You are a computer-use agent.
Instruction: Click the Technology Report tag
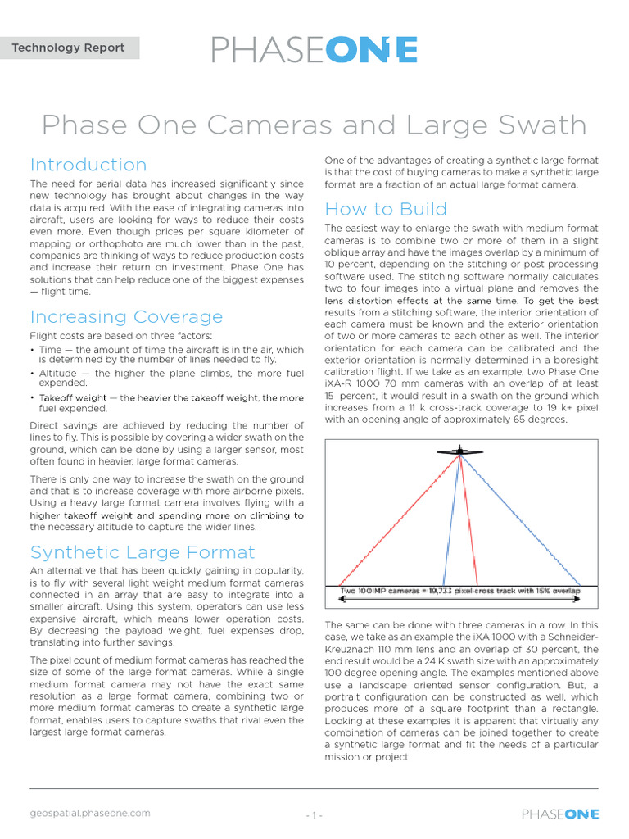[69, 48]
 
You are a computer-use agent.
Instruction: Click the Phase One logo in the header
[314, 49]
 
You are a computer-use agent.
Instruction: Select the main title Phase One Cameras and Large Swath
[314, 125]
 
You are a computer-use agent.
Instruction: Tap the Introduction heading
[88, 165]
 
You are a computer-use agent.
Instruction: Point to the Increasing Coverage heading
[126, 316]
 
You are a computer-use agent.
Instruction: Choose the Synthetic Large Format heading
[142, 551]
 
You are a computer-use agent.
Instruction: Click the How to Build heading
[386, 208]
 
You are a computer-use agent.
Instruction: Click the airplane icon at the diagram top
[460, 451]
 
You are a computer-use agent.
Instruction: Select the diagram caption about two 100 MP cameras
[459, 590]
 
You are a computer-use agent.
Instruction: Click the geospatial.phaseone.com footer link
[90, 813]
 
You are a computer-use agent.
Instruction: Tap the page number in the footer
[314, 815]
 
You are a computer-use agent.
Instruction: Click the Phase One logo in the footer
[560, 814]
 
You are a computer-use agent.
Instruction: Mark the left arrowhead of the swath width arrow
[341, 600]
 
